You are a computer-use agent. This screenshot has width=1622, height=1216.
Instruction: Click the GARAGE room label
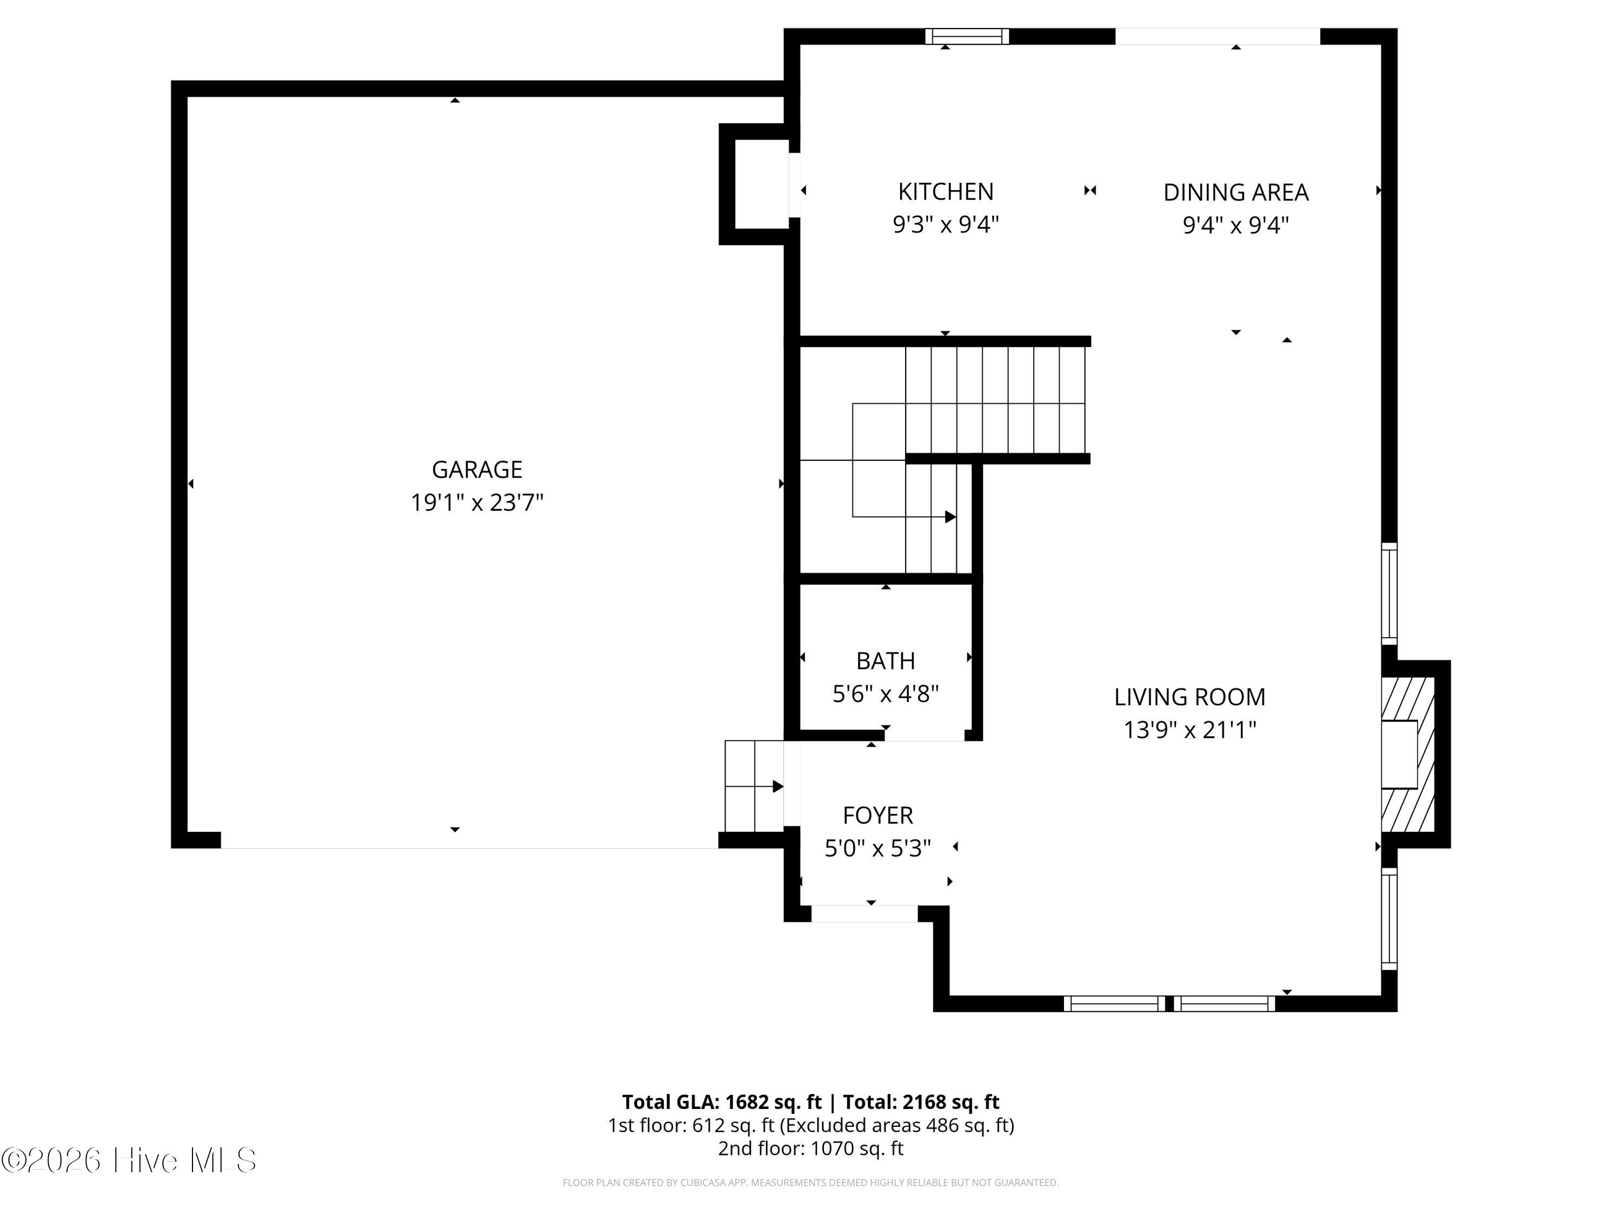[x=477, y=469]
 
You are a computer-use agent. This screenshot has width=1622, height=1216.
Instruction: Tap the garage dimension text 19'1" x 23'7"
[x=477, y=503]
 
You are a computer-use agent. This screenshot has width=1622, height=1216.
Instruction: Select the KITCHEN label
[x=946, y=191]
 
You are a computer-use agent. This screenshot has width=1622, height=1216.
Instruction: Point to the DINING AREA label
[x=1235, y=192]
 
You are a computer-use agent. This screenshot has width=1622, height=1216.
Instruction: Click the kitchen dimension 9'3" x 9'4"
[x=946, y=224]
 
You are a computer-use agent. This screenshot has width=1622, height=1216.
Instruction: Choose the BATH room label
[x=886, y=661]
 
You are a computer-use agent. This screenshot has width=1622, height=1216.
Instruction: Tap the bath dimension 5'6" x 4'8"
[x=886, y=693]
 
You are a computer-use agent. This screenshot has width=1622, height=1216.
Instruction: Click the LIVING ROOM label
[x=1190, y=697]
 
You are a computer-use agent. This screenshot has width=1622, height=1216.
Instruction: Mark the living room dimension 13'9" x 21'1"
[x=1190, y=730]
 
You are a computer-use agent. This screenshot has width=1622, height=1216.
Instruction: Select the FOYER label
[x=878, y=816]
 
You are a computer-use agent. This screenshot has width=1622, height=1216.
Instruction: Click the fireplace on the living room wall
[x=1408, y=754]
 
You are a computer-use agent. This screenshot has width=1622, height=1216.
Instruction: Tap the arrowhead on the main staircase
[x=950, y=517]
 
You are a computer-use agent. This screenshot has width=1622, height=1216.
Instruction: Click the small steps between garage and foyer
[x=754, y=786]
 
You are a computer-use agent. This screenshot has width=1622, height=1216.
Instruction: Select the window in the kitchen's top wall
[x=967, y=37]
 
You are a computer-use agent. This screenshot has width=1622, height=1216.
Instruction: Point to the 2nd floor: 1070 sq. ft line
[x=810, y=1148]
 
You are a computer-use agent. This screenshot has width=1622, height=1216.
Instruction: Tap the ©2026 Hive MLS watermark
[x=129, y=1160]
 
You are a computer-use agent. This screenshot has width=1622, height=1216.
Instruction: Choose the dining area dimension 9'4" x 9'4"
[x=1235, y=225]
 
